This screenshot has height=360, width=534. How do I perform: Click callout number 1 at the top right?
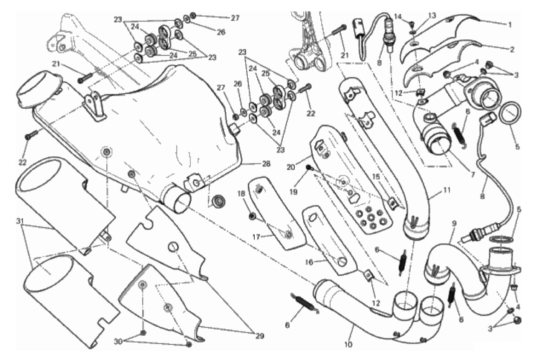[510, 23]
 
